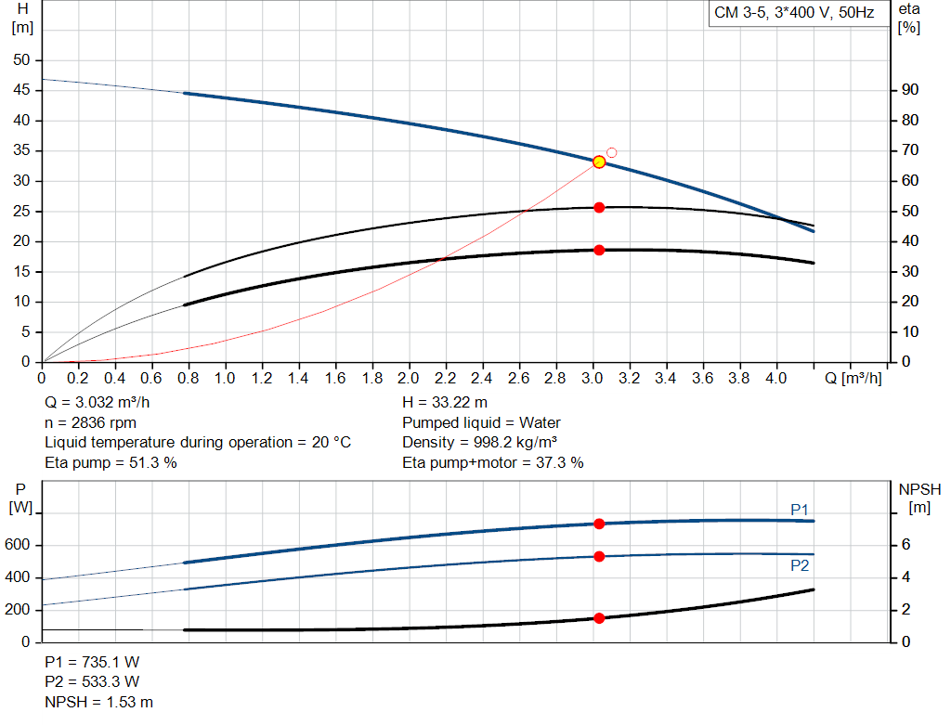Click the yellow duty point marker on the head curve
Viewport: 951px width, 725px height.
click(x=599, y=162)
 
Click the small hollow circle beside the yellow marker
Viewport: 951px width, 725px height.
click(x=611, y=152)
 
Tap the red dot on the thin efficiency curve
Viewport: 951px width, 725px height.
click(x=599, y=207)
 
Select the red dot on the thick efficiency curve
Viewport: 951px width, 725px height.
click(x=599, y=250)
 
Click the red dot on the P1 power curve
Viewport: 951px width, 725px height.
click(x=599, y=524)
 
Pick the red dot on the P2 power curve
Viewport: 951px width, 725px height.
click(x=599, y=556)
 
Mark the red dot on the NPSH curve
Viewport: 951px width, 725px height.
click(x=599, y=618)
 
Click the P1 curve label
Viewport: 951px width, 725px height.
click(x=800, y=509)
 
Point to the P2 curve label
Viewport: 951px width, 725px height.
click(x=800, y=565)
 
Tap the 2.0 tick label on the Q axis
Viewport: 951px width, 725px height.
click(x=409, y=379)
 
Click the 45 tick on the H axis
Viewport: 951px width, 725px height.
click(x=20, y=90)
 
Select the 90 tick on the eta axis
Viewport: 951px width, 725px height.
click(x=910, y=90)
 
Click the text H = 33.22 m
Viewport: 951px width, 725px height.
click(x=445, y=403)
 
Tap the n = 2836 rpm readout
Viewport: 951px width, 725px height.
click(x=90, y=422)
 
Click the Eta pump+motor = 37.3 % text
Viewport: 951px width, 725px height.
click(x=493, y=462)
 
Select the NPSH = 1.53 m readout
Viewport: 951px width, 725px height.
click(x=99, y=702)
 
